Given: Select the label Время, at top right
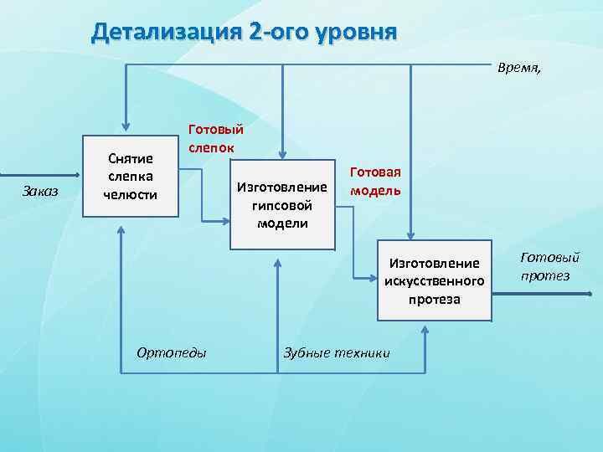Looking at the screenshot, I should (519, 68).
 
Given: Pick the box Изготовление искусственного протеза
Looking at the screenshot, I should (434, 281).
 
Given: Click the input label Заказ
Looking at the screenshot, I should (40, 192).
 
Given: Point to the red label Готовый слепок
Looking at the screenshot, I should (215, 138).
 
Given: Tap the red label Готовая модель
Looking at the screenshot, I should (375, 181).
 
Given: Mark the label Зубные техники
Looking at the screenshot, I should (337, 352).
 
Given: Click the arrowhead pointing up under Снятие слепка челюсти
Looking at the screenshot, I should (122, 228).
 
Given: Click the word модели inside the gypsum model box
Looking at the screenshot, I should (281, 223).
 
